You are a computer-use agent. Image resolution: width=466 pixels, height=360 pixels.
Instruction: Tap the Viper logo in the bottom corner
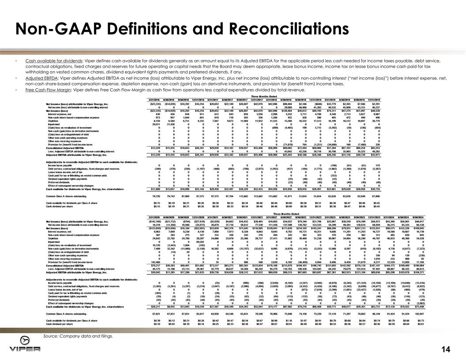(25, 348)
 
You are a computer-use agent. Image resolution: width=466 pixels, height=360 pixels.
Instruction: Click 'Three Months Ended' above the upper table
(264, 96)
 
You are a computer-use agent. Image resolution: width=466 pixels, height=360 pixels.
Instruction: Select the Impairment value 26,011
(154, 124)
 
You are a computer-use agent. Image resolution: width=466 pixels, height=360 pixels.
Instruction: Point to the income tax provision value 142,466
(154, 262)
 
